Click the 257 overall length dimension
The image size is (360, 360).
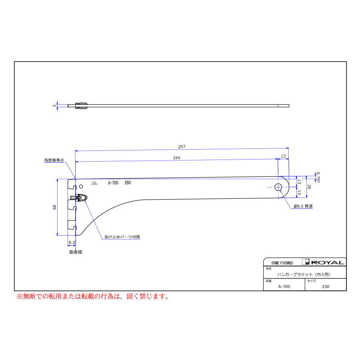pyautogui.click(x=182, y=147)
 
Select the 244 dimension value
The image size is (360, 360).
pyautogui.click(x=176, y=158)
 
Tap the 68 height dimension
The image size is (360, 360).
pyautogui.click(x=54, y=207)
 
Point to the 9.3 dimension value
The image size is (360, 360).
pyautogui.click(x=72, y=242)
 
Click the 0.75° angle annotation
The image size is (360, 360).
pyautogui.click(x=318, y=177)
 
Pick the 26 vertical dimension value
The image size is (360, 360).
pyautogui.click(x=309, y=187)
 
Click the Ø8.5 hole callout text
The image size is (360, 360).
pyautogui.click(x=303, y=206)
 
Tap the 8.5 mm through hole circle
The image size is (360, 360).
pyautogui.click(x=278, y=187)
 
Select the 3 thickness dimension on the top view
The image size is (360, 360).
pyautogui.click(x=54, y=106)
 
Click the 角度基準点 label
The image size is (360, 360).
pyautogui.click(x=54, y=160)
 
